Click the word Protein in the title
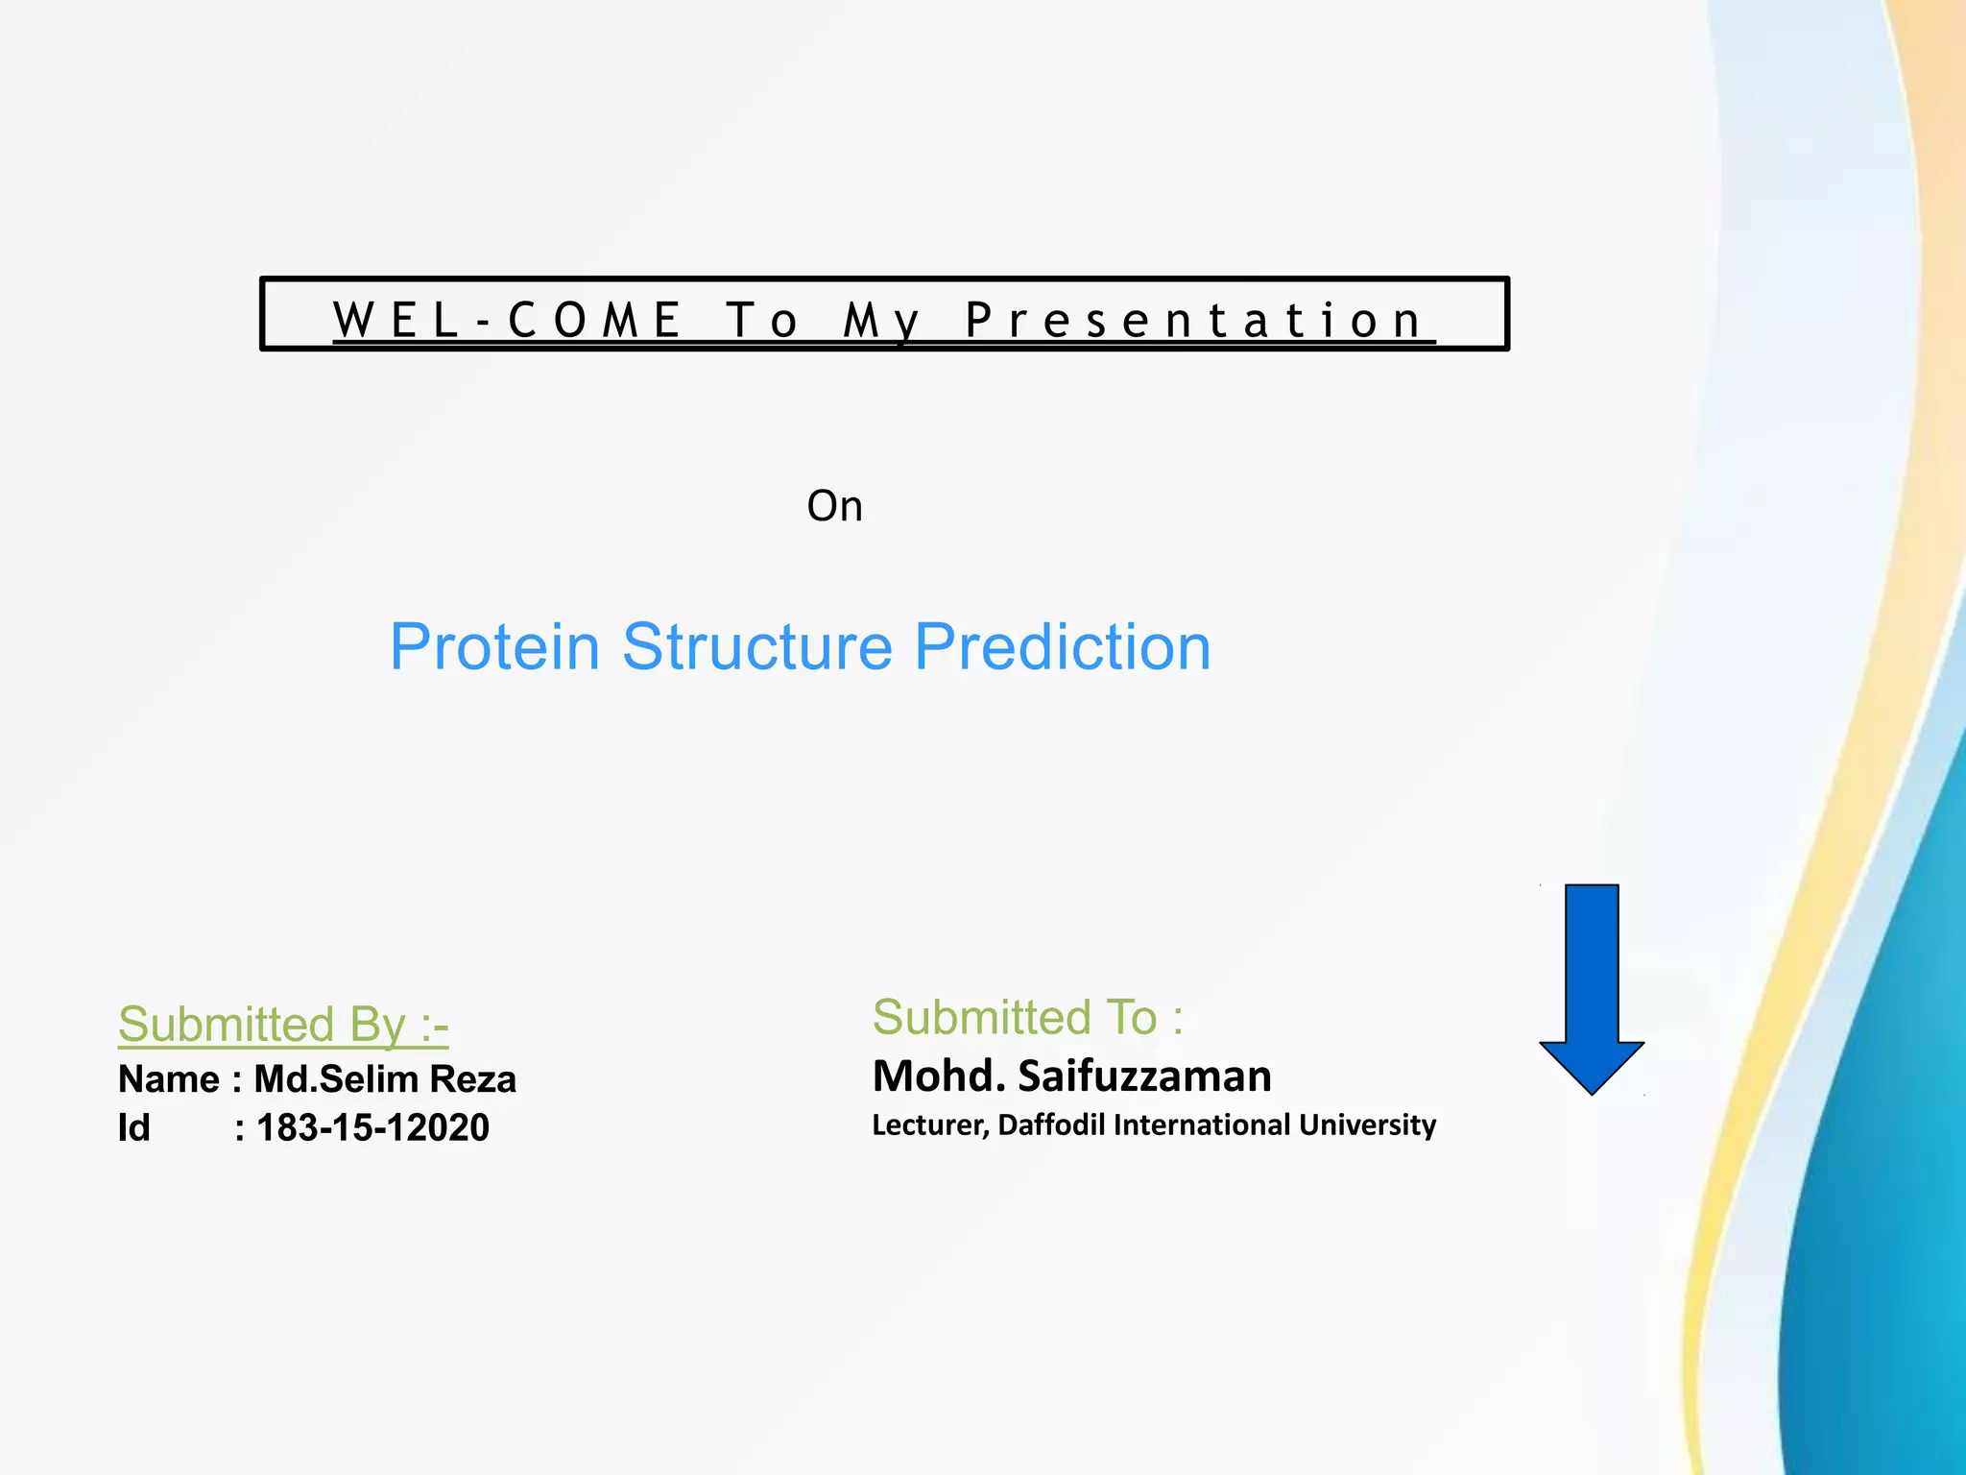494,646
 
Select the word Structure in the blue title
757,646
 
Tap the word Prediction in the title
1062,646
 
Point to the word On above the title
834,506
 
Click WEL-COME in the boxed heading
508,320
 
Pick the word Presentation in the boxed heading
1194,320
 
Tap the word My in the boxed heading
881,322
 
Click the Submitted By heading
282,1024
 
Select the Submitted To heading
1027,1017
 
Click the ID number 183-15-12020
372,1127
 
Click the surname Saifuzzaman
1144,1076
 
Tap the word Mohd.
939,1076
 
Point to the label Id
133,1127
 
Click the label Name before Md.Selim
168,1079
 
